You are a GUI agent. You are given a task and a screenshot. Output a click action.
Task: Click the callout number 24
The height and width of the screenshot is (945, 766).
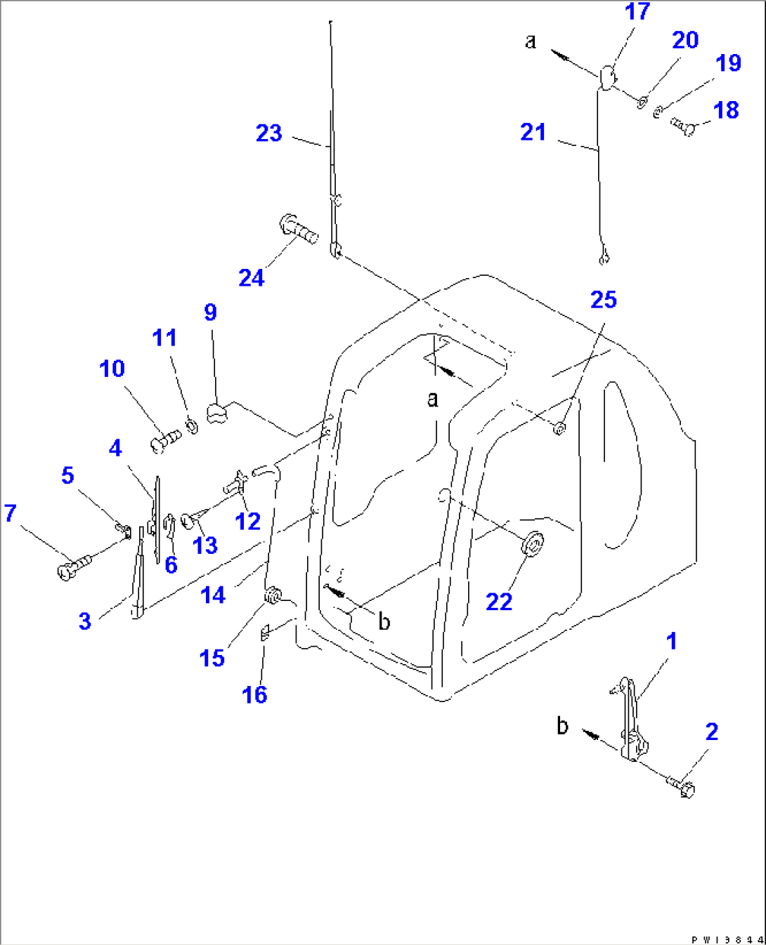click(x=251, y=278)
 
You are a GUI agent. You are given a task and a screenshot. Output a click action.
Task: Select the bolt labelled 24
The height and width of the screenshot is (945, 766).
click(x=299, y=229)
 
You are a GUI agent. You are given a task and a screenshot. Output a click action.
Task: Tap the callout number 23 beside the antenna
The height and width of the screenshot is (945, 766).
click(x=268, y=133)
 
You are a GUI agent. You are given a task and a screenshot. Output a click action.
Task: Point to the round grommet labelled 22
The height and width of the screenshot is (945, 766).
click(x=533, y=544)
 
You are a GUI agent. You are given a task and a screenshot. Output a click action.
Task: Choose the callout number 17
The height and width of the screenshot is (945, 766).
click(x=637, y=12)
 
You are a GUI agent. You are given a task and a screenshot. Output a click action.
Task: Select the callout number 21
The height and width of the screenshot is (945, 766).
click(x=533, y=132)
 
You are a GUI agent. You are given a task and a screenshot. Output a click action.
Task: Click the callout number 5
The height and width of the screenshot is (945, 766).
click(x=67, y=475)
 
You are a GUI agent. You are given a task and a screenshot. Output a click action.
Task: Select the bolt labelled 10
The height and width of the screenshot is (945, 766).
click(x=165, y=442)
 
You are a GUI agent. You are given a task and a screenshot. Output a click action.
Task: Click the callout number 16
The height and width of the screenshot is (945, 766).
click(x=254, y=695)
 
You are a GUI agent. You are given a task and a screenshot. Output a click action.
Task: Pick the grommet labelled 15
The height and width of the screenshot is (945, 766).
click(x=272, y=597)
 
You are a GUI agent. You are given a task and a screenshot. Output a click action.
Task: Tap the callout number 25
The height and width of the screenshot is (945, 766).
click(x=603, y=300)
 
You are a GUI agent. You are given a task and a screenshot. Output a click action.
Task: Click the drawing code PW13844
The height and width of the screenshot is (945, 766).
click(x=726, y=939)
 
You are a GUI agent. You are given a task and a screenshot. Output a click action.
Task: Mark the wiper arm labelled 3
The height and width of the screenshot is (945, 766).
click(x=138, y=576)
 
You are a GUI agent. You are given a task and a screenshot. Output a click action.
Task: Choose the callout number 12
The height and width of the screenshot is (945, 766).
click(x=247, y=521)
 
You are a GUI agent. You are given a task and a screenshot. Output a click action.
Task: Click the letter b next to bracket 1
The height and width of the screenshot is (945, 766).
click(x=562, y=725)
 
